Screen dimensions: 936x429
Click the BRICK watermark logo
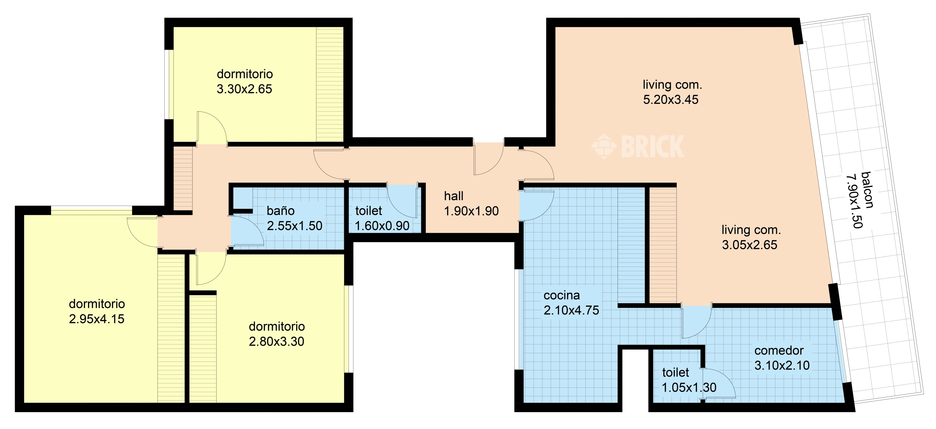pyautogui.click(x=638, y=146)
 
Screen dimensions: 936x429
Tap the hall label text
pyautogui.click(x=453, y=196)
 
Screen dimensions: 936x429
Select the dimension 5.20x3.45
pyautogui.click(x=671, y=100)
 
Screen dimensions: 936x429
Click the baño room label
pyautogui.click(x=280, y=211)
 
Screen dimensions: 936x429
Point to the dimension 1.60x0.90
pyautogui.click(x=382, y=226)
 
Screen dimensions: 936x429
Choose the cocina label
pyautogui.click(x=561, y=295)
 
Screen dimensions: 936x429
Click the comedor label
pyautogui.click(x=779, y=351)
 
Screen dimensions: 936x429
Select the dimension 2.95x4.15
pyautogui.click(x=97, y=319)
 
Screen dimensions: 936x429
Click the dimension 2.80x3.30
pyautogui.click(x=276, y=341)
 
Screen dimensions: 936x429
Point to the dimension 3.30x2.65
pyautogui.click(x=244, y=89)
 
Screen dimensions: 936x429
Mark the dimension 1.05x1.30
pyautogui.click(x=689, y=388)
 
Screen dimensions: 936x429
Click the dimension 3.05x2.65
pyautogui.click(x=749, y=245)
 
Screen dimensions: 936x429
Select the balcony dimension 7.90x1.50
pyautogui.click(x=854, y=201)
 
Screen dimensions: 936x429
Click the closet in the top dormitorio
pyautogui.click(x=329, y=84)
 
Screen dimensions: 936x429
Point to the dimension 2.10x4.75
pyautogui.click(x=571, y=310)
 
